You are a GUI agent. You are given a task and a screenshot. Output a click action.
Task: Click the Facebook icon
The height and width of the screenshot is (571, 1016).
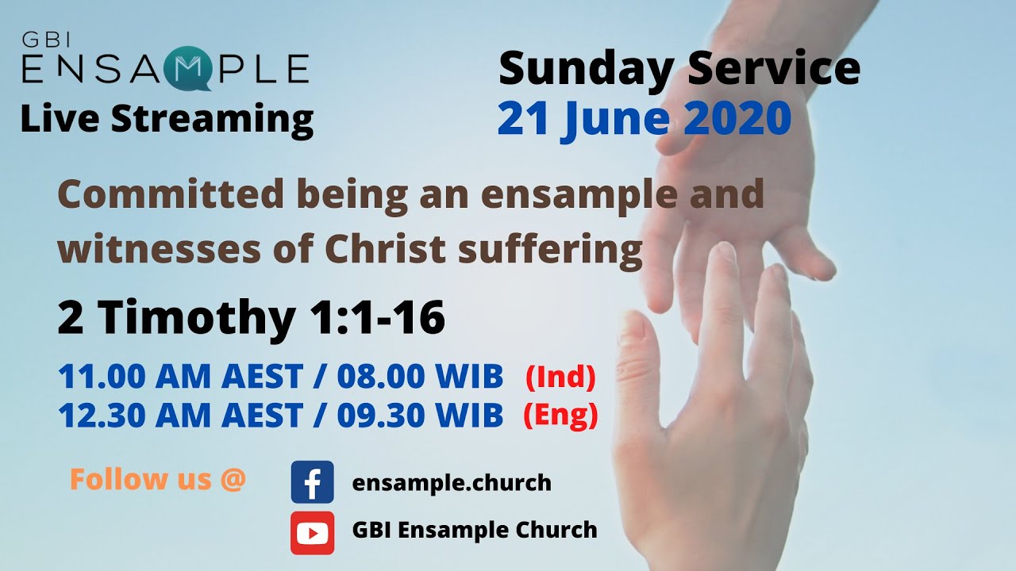(312, 482)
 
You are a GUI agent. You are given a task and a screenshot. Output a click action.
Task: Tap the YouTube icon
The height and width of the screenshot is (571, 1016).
(312, 532)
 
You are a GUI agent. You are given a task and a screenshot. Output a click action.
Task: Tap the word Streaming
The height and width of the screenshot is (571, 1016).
(212, 119)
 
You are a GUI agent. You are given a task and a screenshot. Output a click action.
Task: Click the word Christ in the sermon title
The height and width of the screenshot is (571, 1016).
(373, 250)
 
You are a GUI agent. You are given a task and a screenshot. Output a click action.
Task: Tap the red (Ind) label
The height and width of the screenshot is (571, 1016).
(560, 378)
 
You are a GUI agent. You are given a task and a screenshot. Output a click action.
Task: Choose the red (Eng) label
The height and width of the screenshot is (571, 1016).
(560, 415)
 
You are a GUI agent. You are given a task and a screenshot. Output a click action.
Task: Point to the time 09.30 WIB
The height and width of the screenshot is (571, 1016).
(420, 415)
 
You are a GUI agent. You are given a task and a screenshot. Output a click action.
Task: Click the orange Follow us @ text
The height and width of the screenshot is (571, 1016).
(158, 479)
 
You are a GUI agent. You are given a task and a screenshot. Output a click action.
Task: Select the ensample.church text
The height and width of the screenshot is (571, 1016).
(452, 482)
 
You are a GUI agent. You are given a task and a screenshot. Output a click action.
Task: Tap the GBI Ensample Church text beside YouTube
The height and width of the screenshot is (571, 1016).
(475, 530)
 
